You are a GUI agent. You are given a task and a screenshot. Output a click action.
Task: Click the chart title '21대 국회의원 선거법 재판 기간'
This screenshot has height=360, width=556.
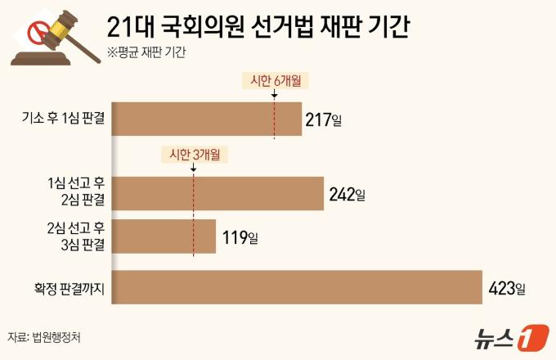coord(258,27)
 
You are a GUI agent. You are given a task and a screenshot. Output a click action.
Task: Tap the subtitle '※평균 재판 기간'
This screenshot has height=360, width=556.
coord(146,52)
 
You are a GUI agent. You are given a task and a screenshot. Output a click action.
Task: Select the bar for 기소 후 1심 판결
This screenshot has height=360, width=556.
coord(207,119)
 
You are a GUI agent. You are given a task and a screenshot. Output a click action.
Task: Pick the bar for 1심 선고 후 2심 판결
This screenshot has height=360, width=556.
coord(217,194)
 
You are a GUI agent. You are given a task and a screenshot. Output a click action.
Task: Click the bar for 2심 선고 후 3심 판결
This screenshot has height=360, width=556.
coord(164,236)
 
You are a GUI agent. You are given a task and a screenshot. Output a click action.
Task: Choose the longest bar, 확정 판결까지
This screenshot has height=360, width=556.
coord(297,287)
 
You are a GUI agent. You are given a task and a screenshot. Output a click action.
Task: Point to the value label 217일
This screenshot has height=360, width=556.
coord(324,120)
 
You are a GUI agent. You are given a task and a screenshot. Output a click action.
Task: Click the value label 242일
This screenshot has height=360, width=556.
coord(347,195)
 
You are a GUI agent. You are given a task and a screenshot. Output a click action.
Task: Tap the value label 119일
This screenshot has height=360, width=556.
coord(240,237)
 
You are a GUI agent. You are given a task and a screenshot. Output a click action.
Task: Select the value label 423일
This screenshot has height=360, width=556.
coord(507,288)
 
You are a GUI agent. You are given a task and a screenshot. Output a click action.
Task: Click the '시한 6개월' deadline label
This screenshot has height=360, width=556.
coord(276,81)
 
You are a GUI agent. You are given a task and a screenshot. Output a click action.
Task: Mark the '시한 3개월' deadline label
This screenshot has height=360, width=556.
coord(195,155)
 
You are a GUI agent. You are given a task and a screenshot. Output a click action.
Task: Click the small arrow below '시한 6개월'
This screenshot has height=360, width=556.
coord(274,93)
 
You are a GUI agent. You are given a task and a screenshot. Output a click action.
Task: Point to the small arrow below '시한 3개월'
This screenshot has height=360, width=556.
coord(193,168)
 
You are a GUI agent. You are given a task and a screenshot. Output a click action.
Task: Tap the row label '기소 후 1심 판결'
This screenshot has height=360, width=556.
coord(64,118)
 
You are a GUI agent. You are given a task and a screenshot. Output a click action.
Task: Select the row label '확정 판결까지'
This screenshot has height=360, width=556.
coord(69,289)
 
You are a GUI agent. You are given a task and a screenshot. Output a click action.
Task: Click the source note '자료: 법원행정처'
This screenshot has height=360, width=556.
coord(44,337)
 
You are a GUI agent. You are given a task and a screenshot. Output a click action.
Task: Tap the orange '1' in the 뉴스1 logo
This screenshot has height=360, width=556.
coord(533,337)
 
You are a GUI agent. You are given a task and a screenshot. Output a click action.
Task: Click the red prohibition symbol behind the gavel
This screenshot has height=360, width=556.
coord(37,33)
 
